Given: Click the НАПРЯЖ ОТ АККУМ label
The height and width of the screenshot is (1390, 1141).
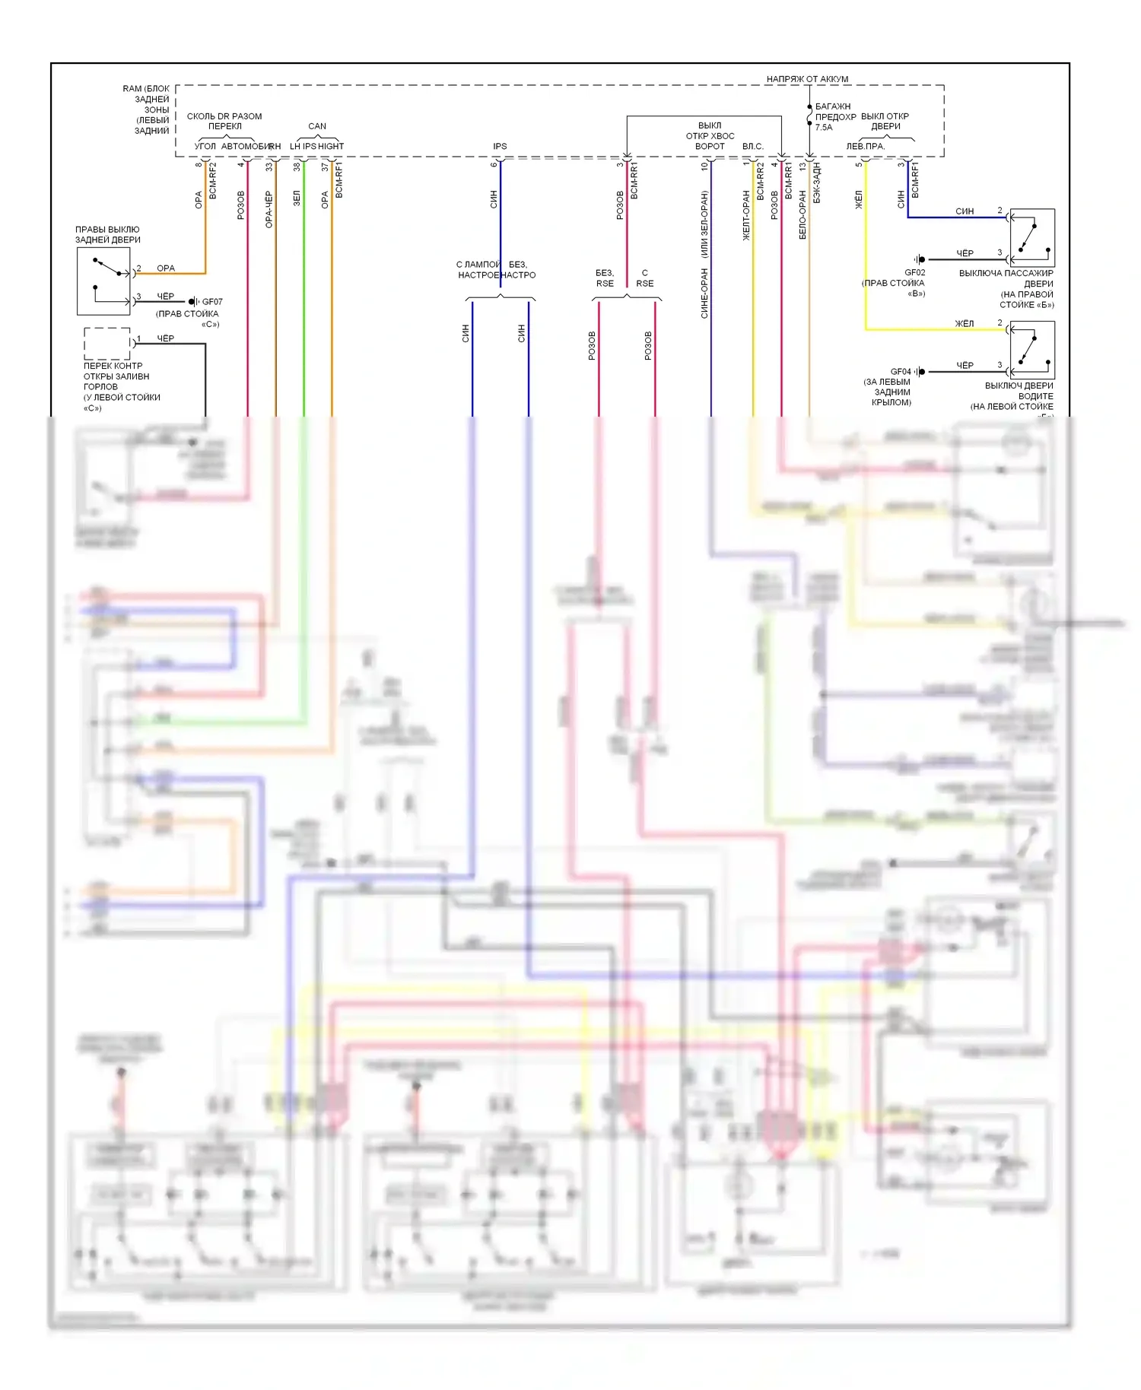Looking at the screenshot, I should [807, 79].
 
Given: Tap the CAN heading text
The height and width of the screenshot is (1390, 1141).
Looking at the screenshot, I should [317, 126].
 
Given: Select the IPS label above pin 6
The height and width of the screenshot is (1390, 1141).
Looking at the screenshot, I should [500, 146].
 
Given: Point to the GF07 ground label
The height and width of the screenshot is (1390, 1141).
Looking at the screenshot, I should [212, 302].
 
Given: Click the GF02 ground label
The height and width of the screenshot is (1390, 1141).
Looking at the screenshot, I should [914, 272].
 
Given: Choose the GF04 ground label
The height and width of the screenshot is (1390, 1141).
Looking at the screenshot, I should [901, 372].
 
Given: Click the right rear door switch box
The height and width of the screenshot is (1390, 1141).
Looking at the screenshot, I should [103, 281].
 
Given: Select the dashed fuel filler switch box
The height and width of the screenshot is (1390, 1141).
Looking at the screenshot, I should [106, 344].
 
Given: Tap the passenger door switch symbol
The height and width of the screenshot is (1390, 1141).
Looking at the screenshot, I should [1031, 237].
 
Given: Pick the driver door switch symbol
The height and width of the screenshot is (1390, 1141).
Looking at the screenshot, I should [1031, 351].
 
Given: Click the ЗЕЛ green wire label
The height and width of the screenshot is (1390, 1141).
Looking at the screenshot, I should [297, 198].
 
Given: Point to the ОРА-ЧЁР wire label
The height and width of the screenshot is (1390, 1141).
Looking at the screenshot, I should [269, 210].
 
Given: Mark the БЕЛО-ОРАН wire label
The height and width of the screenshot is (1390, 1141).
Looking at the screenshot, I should [802, 215].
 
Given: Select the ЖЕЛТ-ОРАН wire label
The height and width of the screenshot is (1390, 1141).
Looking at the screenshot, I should [746, 216].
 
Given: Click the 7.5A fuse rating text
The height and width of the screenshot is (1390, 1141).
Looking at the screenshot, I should [824, 128].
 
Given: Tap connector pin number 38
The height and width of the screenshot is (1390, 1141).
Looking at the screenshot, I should [297, 167].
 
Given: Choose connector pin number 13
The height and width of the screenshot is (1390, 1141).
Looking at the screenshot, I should [802, 166].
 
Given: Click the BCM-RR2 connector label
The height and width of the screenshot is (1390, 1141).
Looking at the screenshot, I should [760, 181].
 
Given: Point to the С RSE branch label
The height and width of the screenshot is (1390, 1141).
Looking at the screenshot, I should [645, 278].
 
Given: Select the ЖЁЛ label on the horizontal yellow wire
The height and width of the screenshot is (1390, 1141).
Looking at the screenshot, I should [965, 324].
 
